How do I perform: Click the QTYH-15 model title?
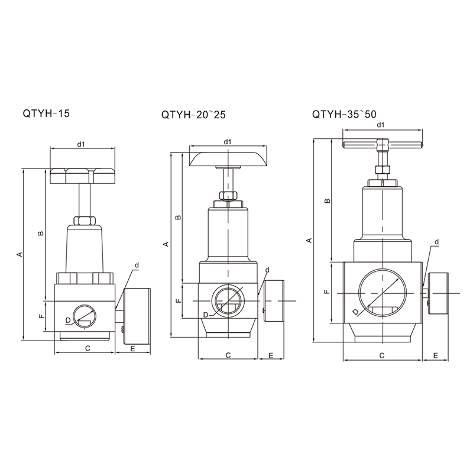click(x=46, y=114)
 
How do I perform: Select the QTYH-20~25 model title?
click(x=193, y=115)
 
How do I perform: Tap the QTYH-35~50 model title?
click(x=344, y=114)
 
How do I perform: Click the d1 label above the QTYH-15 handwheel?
click(x=81, y=144)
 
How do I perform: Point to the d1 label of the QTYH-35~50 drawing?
click(x=381, y=125)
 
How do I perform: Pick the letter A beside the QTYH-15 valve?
click(x=20, y=254)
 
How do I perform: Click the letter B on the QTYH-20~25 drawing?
click(x=178, y=217)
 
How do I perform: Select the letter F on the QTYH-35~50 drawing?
click(x=327, y=291)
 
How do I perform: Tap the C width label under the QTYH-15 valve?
click(x=88, y=348)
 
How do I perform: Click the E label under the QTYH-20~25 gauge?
click(x=271, y=355)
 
